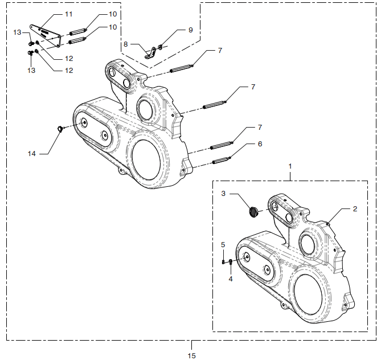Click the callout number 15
(191, 355)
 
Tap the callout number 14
(32, 154)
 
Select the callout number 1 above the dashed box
(290, 166)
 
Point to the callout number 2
(355, 209)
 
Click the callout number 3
(223, 194)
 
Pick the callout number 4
(231, 279)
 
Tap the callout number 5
(223, 244)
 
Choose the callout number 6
(260, 144)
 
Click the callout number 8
(125, 44)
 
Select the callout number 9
(191, 30)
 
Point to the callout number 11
(69, 14)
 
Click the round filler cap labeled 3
(253, 212)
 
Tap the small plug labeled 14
(60, 129)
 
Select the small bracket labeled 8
(151, 54)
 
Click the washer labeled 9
(161, 46)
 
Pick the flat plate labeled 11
(46, 35)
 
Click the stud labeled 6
(222, 161)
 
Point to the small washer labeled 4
(230, 262)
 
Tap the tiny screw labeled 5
(223, 262)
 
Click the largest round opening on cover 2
(308, 295)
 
